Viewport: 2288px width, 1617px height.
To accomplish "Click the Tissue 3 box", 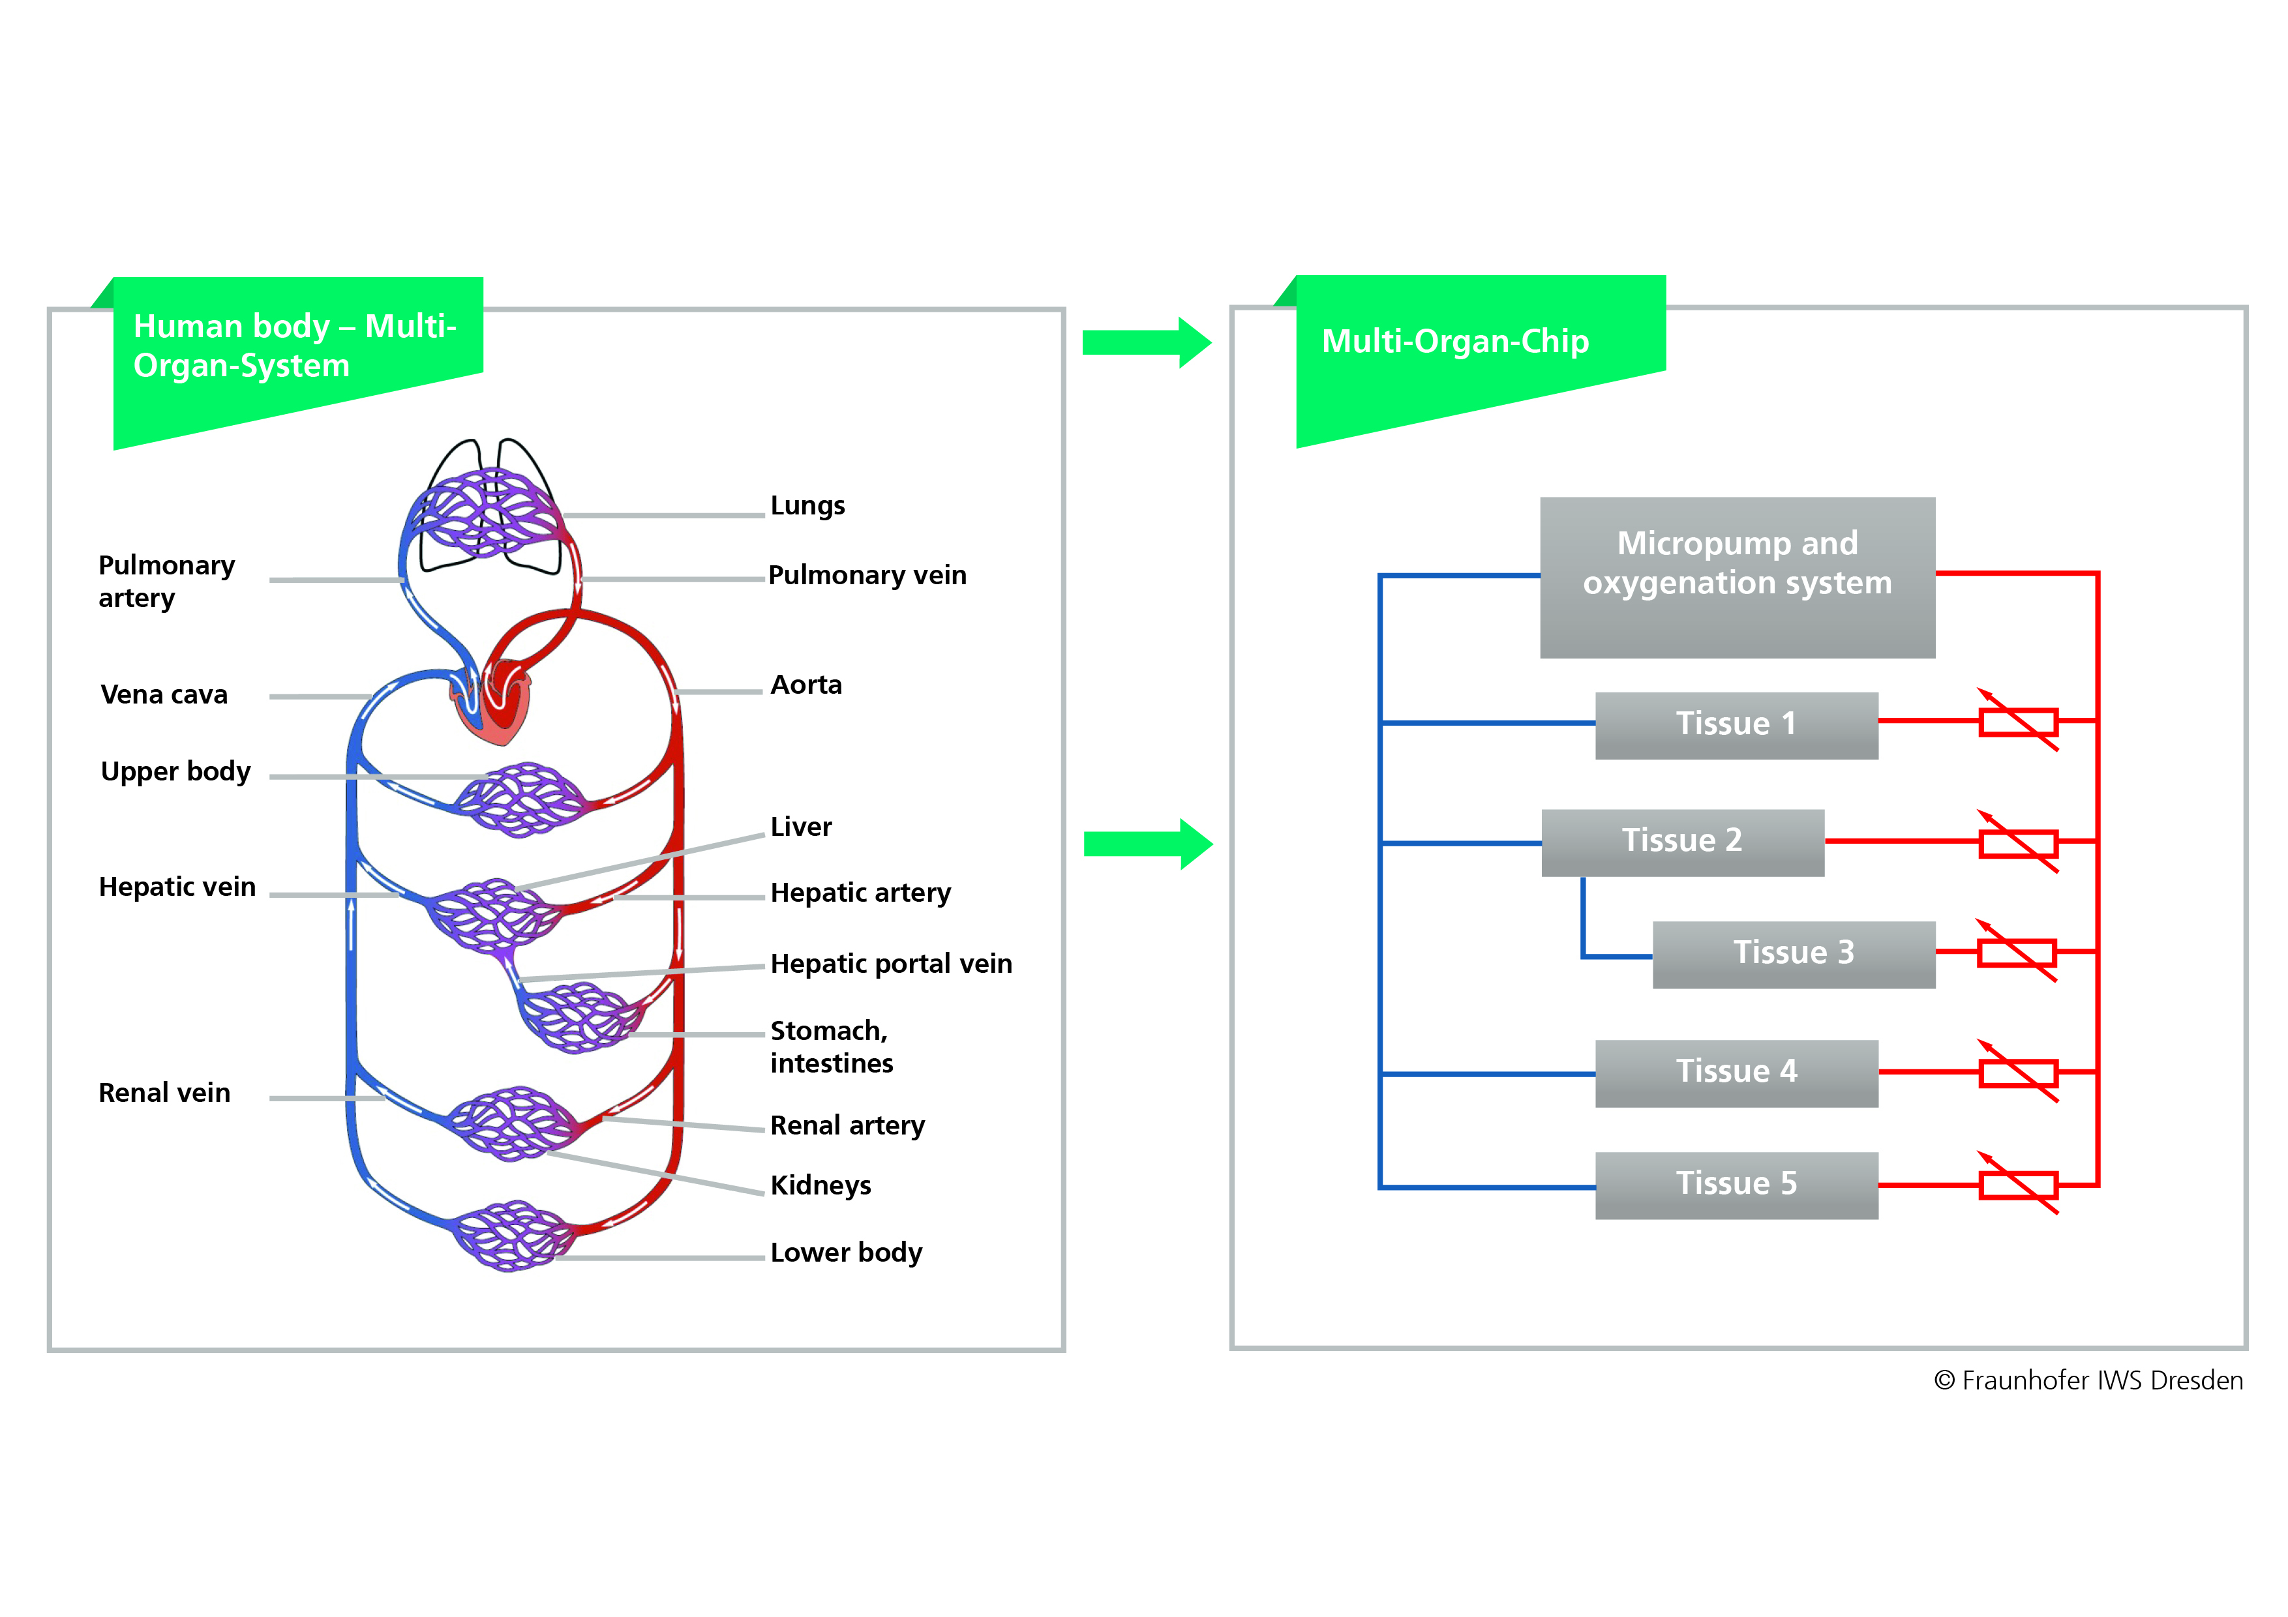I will point(1793,953).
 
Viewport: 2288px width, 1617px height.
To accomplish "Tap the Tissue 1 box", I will point(1736,724).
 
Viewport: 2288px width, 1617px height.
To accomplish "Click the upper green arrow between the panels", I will point(1146,343).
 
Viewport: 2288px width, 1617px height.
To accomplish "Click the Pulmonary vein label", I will point(867,575).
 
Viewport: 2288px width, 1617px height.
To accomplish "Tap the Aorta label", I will point(806,685).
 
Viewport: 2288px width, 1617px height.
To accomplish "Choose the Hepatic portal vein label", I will point(891,964).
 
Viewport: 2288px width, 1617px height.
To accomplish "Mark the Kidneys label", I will point(820,1185).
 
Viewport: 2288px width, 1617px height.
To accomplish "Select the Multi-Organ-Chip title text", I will point(1455,341).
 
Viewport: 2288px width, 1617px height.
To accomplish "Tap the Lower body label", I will point(846,1253).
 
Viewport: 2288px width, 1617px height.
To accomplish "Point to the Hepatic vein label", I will point(177,887).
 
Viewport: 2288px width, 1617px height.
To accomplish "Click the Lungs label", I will point(807,505).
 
